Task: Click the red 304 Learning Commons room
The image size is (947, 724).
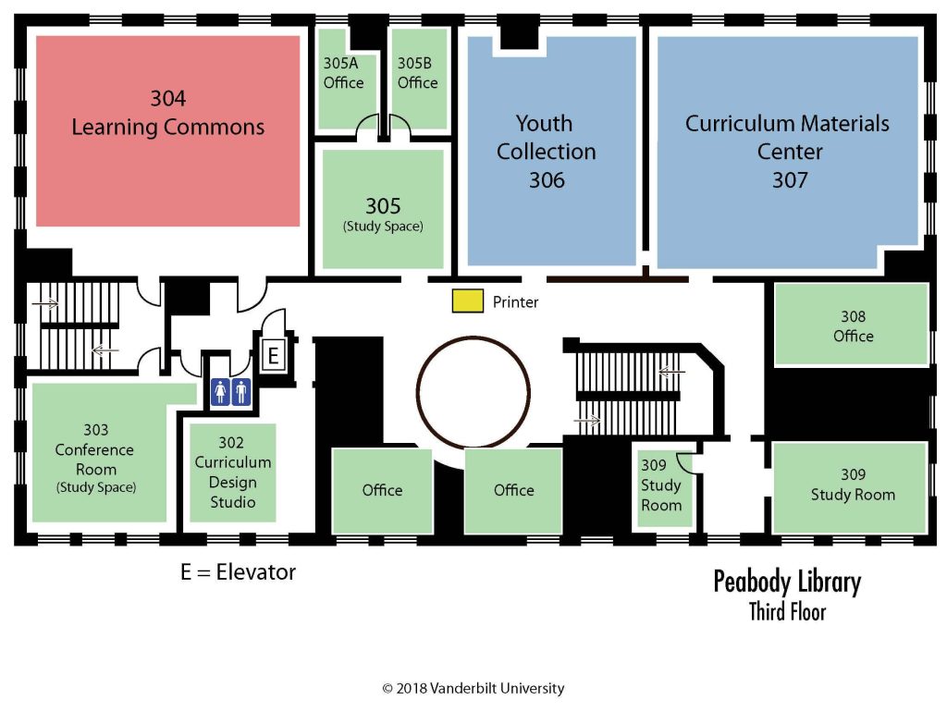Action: pyautogui.click(x=167, y=129)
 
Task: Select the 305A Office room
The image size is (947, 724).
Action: pyautogui.click(x=343, y=79)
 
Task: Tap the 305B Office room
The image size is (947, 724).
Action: pyautogui.click(x=417, y=79)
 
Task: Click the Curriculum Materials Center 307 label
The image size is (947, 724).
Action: pyautogui.click(x=788, y=152)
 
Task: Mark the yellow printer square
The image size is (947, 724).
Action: pyautogui.click(x=467, y=301)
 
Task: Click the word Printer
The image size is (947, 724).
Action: pyautogui.click(x=515, y=302)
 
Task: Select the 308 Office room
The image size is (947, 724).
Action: pyautogui.click(x=852, y=325)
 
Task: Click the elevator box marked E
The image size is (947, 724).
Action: pyautogui.click(x=273, y=355)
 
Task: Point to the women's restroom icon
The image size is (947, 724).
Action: pyautogui.click(x=220, y=392)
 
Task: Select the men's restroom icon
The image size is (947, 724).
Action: pyautogui.click(x=241, y=392)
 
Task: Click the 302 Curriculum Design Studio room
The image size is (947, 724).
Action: pyautogui.click(x=232, y=472)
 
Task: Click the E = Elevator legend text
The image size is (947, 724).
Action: pyautogui.click(x=238, y=572)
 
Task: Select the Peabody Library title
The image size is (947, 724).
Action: pyautogui.click(x=786, y=582)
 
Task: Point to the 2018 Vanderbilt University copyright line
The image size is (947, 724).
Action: pyautogui.click(x=473, y=688)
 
